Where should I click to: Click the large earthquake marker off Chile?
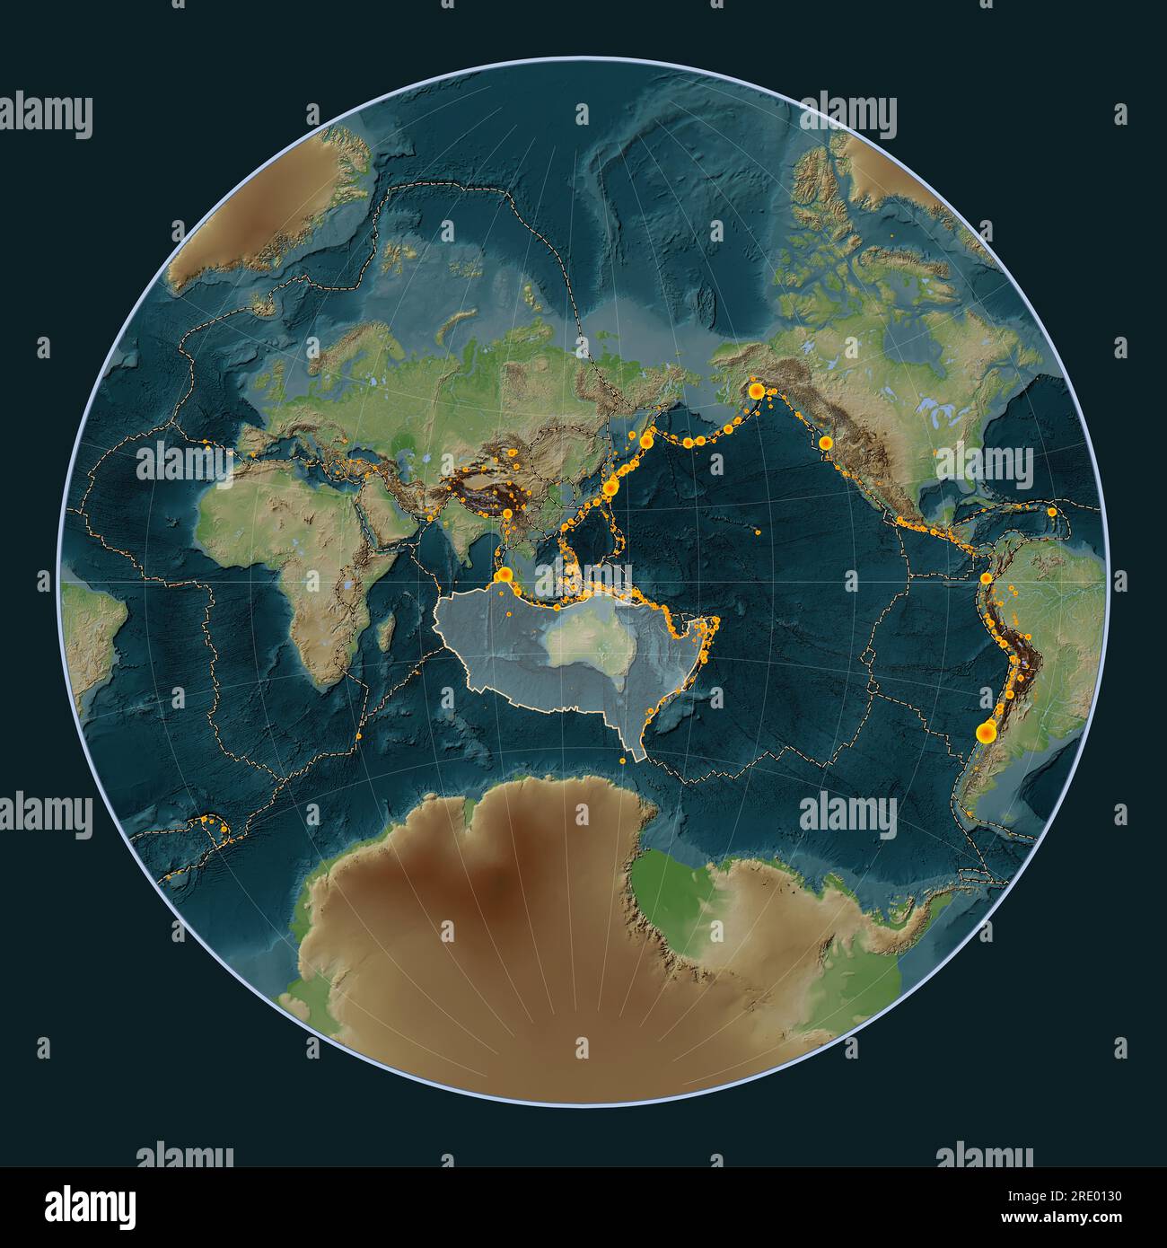pos(986,734)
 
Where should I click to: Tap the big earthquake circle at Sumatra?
pos(505,576)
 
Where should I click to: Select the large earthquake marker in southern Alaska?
pos(756,391)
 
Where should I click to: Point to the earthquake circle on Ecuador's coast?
pos(986,578)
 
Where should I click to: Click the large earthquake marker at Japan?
pos(611,488)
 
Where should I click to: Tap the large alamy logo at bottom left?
pos(81,1203)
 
